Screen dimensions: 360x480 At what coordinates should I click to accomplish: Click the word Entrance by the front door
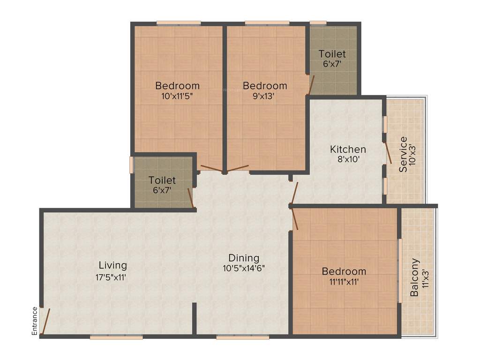(35, 321)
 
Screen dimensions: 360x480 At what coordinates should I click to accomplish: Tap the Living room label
(112, 265)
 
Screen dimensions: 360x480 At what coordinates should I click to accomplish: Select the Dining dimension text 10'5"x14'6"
(244, 269)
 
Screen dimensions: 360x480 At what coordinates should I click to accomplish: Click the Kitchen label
(348, 150)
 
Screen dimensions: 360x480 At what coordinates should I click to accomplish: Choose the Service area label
(403, 155)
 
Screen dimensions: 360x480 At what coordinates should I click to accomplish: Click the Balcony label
(414, 277)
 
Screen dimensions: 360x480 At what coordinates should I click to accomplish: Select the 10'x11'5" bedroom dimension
(177, 96)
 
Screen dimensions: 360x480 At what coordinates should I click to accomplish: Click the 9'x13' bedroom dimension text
(264, 96)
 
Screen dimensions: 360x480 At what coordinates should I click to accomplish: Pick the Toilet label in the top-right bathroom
(332, 54)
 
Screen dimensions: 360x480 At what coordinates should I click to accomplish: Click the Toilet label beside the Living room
(162, 180)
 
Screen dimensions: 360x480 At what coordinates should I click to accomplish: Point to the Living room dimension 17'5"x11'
(111, 277)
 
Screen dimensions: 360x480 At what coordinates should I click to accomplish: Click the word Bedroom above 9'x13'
(265, 86)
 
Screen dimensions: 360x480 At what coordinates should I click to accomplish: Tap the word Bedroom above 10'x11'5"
(178, 86)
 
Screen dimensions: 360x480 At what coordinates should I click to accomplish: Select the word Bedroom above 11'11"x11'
(344, 271)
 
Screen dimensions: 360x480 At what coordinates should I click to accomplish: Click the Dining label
(244, 258)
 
